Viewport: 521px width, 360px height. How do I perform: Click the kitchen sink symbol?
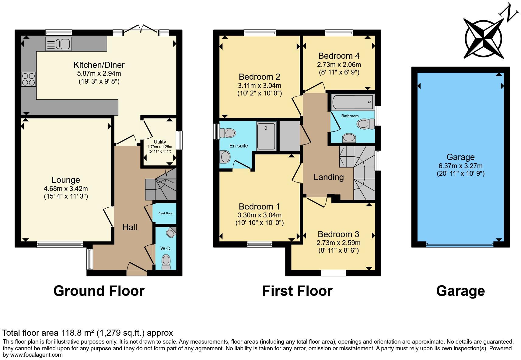click(58, 44)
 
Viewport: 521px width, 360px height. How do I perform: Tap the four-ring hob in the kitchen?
click(28, 79)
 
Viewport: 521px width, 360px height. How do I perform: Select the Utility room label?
click(160, 142)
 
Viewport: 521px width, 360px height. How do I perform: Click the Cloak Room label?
click(166, 213)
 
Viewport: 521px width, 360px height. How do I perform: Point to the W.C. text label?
click(166, 248)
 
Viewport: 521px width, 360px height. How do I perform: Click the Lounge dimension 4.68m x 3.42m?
click(66, 189)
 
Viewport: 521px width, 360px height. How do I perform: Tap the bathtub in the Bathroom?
click(352, 102)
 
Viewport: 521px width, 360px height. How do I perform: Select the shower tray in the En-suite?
click(266, 136)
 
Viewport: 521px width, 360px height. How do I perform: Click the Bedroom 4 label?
click(339, 56)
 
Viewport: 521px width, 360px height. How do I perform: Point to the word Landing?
click(329, 177)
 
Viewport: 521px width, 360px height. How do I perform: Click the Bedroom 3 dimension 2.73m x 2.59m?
click(338, 243)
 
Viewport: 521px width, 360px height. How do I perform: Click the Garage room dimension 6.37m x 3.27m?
click(460, 166)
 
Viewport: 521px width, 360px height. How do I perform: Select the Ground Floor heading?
click(99, 291)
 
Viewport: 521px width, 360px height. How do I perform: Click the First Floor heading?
click(297, 291)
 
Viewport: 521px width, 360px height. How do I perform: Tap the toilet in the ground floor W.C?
click(166, 261)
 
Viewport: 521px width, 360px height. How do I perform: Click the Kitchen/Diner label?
click(99, 65)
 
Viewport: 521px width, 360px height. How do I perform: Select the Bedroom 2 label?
click(259, 77)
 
